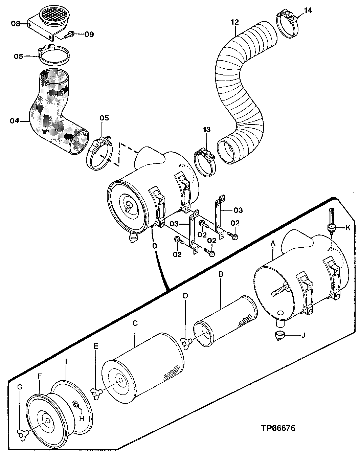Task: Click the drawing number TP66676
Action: click(278, 428)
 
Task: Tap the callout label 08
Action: click(15, 24)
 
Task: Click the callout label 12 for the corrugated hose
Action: click(235, 22)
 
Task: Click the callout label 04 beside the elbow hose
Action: click(15, 120)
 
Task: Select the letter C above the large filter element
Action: click(135, 323)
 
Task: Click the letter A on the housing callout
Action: click(273, 243)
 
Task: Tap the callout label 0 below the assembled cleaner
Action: click(154, 246)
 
